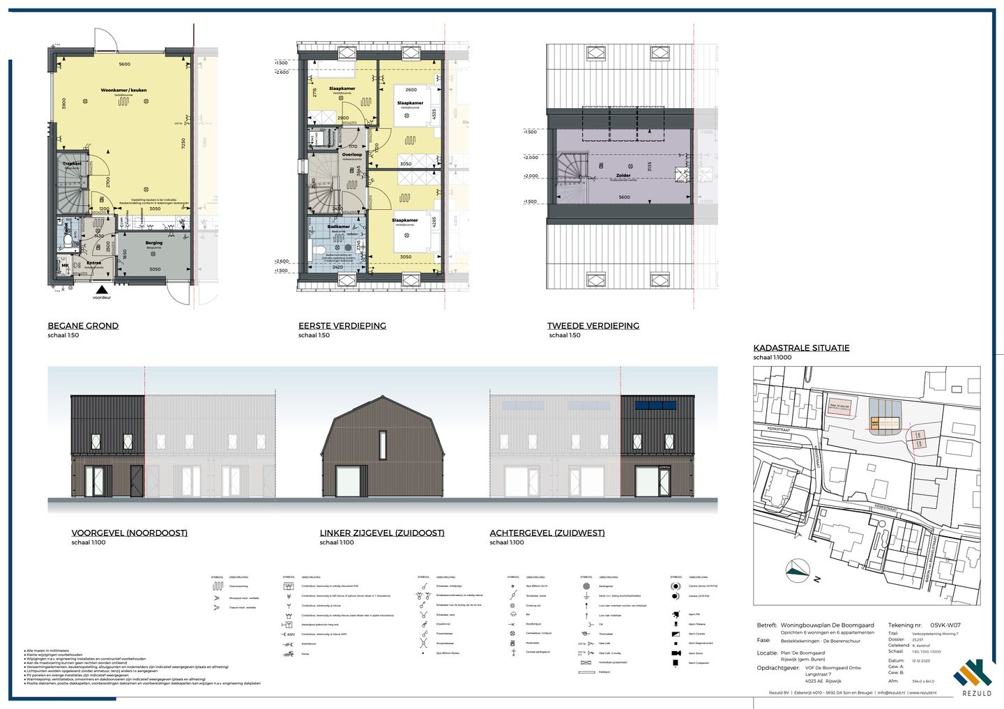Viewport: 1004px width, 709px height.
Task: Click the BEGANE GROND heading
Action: coord(83,326)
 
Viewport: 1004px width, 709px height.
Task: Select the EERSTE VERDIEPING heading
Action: coord(342,326)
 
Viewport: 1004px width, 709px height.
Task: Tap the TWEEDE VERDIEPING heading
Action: coord(593,326)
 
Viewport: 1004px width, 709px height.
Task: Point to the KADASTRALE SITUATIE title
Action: coord(801,348)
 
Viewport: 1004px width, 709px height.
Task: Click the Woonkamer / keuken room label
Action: coord(123,91)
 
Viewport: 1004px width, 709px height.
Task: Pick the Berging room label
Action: coord(154,243)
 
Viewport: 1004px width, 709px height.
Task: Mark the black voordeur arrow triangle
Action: coord(102,289)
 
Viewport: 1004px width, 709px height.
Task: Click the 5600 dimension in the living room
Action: coord(124,65)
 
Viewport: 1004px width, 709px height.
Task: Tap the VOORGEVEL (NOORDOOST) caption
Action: coord(129,533)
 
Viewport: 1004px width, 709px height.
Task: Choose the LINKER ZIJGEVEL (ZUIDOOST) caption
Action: coord(381,533)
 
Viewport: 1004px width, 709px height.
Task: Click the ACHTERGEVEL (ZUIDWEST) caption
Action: coord(547,533)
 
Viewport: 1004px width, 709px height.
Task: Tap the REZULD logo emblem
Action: coord(972,674)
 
